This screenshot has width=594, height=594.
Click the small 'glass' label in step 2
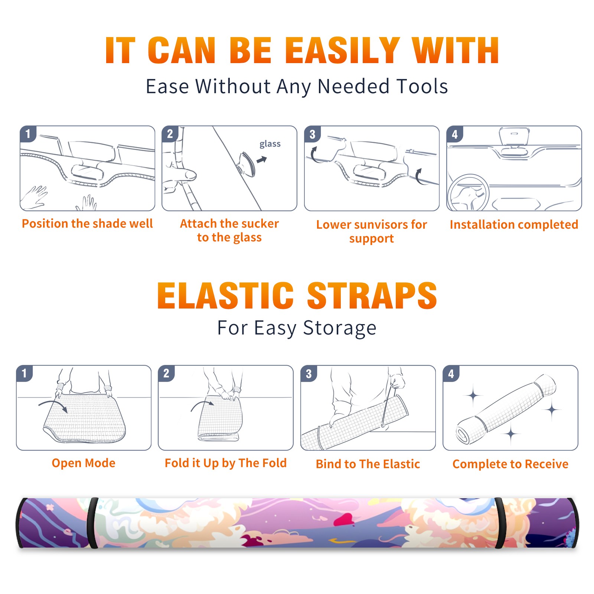pos(270,144)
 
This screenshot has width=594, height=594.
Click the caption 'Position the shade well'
pos(87,223)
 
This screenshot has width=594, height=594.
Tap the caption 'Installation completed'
pos(514,225)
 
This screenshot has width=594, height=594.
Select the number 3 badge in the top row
pos(312,134)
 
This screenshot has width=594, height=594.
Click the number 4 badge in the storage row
pos(451,373)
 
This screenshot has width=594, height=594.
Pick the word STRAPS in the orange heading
pos(372,296)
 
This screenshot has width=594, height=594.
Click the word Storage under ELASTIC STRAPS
pos(340,328)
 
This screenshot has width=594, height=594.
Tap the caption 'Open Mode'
pos(84,463)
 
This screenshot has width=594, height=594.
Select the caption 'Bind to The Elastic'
pos(368,464)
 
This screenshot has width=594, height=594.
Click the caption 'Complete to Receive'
pos(510,464)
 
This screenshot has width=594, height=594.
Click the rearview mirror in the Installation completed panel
pos(514,137)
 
